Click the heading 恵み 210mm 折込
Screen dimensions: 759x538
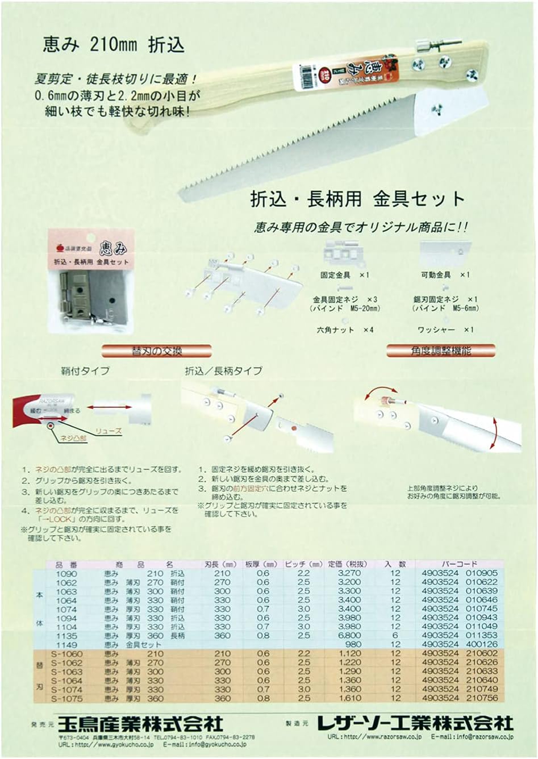[114, 44]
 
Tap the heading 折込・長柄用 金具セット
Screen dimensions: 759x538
[357, 198]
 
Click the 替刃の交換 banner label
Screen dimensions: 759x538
[156, 351]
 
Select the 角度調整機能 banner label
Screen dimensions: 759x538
[441, 351]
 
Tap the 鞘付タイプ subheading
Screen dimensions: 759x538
[85, 371]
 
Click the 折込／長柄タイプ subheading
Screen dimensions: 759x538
[223, 371]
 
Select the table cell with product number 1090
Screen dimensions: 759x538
[66, 573]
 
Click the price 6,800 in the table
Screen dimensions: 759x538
[349, 635]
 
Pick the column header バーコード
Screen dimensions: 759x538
[458, 564]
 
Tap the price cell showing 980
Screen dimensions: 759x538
[353, 644]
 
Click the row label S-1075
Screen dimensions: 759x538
[66, 698]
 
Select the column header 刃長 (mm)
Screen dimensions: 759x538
[220, 564]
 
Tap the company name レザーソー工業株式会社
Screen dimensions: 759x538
[415, 723]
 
